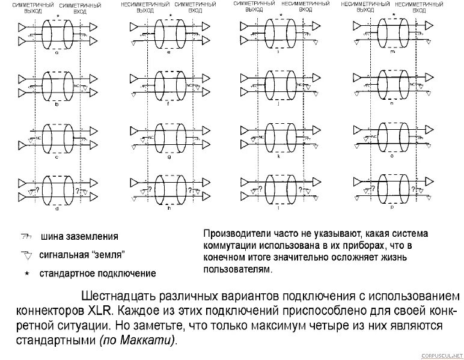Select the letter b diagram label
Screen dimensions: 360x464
(56, 104)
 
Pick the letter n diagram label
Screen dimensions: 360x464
(391, 104)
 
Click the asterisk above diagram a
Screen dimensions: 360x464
(57, 15)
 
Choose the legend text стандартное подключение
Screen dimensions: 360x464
(97, 273)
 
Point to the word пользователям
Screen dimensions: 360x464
(237, 269)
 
